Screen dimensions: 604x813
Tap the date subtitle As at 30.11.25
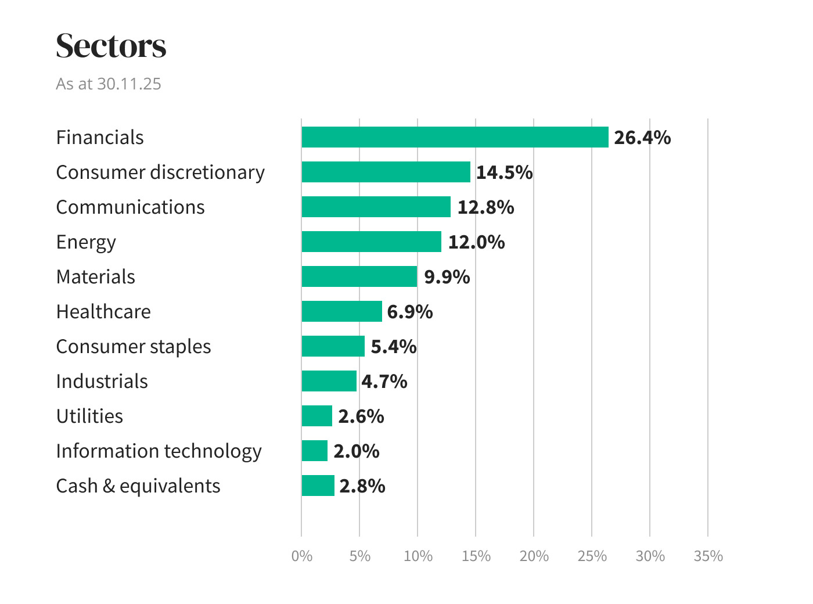[x=109, y=84]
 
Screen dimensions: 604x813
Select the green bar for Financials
[x=455, y=137]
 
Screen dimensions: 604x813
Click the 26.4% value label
[x=642, y=138]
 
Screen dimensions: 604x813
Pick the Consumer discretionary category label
[x=160, y=172]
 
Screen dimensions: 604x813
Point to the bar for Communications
[x=376, y=207]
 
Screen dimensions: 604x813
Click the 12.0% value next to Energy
[x=476, y=242]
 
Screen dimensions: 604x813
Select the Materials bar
[x=359, y=276]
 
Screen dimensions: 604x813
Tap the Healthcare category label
[x=103, y=312]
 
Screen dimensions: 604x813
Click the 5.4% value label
[x=394, y=347]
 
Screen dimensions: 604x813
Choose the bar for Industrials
[x=329, y=381]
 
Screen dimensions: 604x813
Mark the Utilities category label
[x=89, y=416]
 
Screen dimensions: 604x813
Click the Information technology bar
[x=314, y=451]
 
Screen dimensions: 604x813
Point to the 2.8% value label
[x=362, y=486]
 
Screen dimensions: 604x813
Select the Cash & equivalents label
[x=138, y=486]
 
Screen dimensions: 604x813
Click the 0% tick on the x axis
[x=302, y=556]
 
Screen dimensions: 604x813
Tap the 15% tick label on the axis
[x=476, y=556]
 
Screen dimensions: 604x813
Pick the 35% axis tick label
[x=708, y=556]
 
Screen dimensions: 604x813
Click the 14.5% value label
[x=504, y=172]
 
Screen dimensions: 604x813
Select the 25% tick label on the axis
[x=592, y=556]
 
